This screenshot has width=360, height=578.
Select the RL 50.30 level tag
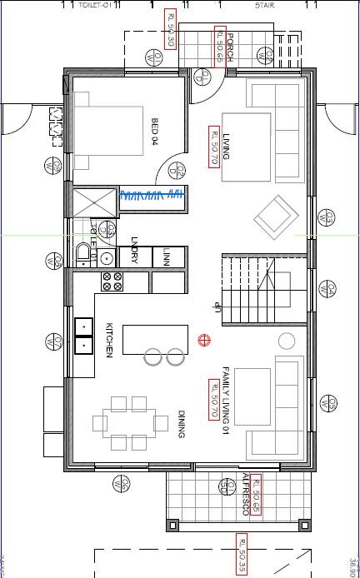tap(171, 30)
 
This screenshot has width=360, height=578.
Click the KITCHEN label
tap(109, 341)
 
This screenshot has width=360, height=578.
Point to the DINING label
tap(181, 424)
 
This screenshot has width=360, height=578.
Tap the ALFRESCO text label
tap(245, 496)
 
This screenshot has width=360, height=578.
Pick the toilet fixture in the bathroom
tap(83, 253)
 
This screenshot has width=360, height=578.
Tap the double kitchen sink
tap(83, 334)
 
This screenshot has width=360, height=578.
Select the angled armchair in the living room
tap(276, 218)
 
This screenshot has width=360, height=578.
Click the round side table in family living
tap(287, 341)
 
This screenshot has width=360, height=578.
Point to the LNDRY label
tap(134, 251)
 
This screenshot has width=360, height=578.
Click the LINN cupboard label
tap(166, 255)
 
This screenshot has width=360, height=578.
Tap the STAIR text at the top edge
tap(266, 4)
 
